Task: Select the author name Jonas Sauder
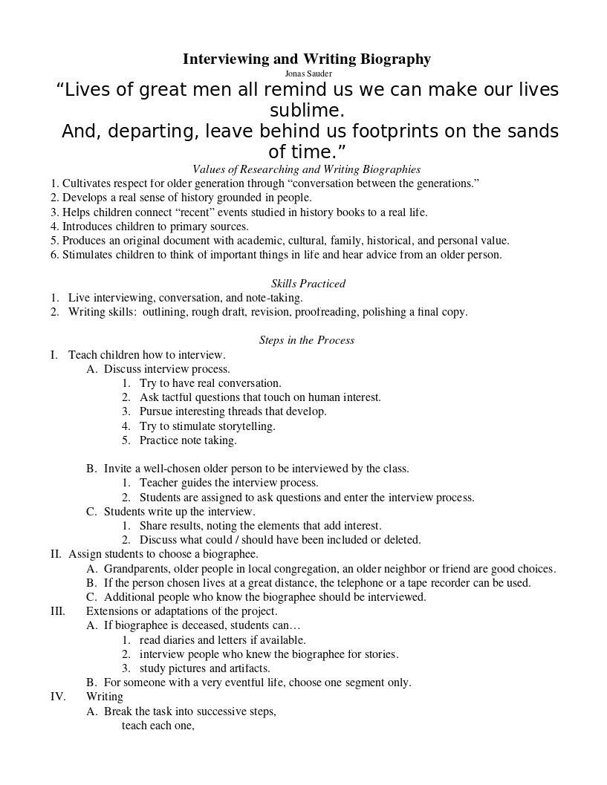point(308,74)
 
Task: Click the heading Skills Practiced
point(308,284)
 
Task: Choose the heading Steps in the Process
point(307,340)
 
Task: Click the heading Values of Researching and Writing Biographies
point(306,169)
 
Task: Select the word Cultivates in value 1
point(86,183)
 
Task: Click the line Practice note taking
point(188,440)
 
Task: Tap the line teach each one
point(158,726)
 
